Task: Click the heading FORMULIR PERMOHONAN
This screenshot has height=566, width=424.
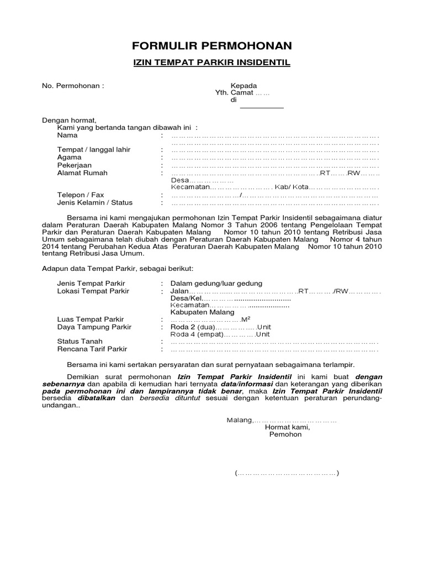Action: (212, 45)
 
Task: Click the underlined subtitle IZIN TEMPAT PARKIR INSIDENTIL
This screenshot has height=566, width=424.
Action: (212, 63)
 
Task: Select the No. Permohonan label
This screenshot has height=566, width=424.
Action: (73, 86)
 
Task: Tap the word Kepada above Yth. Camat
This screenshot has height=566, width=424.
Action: (243, 86)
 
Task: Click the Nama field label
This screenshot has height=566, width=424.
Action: (67, 135)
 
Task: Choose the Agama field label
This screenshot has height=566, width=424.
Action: (70, 158)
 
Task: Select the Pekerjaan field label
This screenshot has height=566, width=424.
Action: (75, 165)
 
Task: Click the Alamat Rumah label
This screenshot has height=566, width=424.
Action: (82, 173)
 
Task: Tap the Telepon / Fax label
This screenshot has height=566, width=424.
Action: (81, 195)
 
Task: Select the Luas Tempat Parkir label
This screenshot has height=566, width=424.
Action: (91, 319)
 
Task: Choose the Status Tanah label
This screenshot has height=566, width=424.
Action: (80, 342)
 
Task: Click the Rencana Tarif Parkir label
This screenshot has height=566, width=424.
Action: (92, 349)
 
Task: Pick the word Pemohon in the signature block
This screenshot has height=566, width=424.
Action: (285, 434)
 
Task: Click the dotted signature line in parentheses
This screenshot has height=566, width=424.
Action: (287, 473)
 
